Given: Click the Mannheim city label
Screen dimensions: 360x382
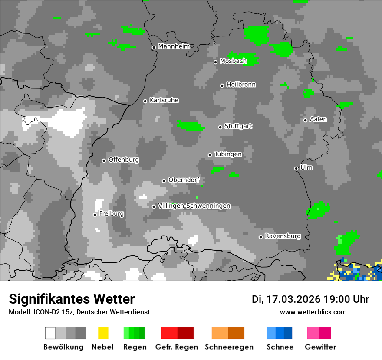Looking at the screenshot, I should click(174, 46).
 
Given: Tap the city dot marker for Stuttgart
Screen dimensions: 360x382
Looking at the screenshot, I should click(221, 127).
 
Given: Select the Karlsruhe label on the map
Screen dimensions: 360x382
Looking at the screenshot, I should click(164, 100).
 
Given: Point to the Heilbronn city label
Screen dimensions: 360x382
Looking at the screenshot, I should click(241, 85).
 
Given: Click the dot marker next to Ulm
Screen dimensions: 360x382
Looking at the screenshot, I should click(296, 168).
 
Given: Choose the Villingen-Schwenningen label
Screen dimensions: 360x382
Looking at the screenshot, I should click(194, 206).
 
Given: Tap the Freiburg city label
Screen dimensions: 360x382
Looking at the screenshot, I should click(112, 214).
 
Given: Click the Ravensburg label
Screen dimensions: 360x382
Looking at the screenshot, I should click(283, 236).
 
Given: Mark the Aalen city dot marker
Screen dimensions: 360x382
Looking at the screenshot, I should click(306, 120).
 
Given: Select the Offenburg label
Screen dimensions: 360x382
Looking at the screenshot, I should click(124, 160).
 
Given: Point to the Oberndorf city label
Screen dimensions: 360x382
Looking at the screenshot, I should click(184, 180).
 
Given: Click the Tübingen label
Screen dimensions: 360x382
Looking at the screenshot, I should click(228, 154).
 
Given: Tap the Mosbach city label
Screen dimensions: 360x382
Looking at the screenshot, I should click(233, 61).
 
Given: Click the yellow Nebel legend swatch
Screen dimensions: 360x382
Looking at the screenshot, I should click(103, 333).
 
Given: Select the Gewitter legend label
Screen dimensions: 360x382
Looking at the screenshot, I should click(320, 347).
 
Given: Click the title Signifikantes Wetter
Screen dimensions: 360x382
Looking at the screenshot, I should click(72, 299).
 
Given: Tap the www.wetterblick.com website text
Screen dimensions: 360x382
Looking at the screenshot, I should click(313, 312).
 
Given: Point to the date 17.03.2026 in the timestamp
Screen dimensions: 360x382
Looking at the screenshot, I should click(293, 299).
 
